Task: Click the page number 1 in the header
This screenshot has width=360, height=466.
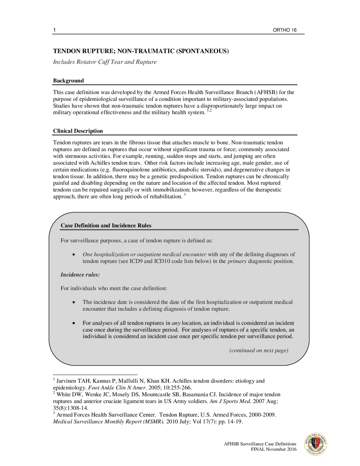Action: (54, 30)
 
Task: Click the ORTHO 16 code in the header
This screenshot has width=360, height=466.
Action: (284, 30)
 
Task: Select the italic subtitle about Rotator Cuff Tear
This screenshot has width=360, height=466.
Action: (105, 62)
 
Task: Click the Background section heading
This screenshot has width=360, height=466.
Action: (68, 81)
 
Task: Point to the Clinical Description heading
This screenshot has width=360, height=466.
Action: (78, 131)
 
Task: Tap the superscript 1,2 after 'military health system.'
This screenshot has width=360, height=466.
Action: (209, 111)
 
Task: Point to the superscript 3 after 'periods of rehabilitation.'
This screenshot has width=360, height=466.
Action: (185, 195)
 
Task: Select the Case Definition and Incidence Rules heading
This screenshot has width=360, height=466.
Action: (106, 225)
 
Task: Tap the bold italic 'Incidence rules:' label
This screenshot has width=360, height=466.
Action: (80, 275)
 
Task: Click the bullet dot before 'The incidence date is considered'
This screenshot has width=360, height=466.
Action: (74, 302)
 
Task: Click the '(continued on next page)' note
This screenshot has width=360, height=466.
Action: (259, 350)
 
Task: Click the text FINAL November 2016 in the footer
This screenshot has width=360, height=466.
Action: (273, 449)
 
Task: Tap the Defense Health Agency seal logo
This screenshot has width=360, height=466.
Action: (316, 444)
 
